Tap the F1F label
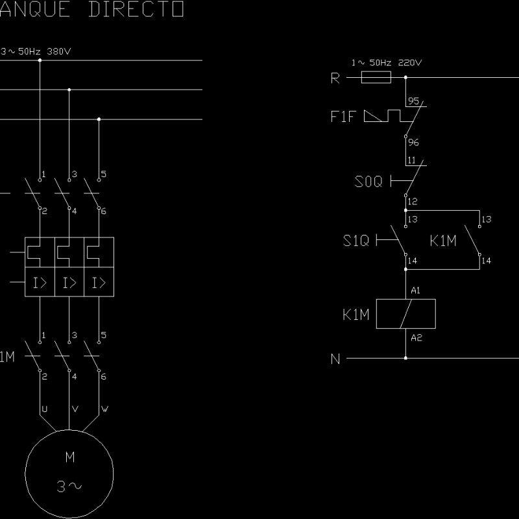(x=343, y=117)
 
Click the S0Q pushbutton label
(x=368, y=182)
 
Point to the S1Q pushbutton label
(x=356, y=241)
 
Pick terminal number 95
(x=414, y=102)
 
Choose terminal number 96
(x=413, y=143)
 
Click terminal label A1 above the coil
(x=416, y=291)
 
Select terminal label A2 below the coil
(x=416, y=338)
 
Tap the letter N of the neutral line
(x=335, y=359)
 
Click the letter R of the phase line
(x=335, y=78)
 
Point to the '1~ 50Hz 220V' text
(x=387, y=63)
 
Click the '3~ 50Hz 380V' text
(x=27, y=51)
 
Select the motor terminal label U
(x=44, y=409)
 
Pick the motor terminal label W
(x=104, y=409)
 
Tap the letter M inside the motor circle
(x=70, y=457)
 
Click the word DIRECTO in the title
(x=135, y=10)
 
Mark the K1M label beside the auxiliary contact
(x=443, y=241)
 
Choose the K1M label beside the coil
(x=356, y=315)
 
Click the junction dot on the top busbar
(x=40, y=60)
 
